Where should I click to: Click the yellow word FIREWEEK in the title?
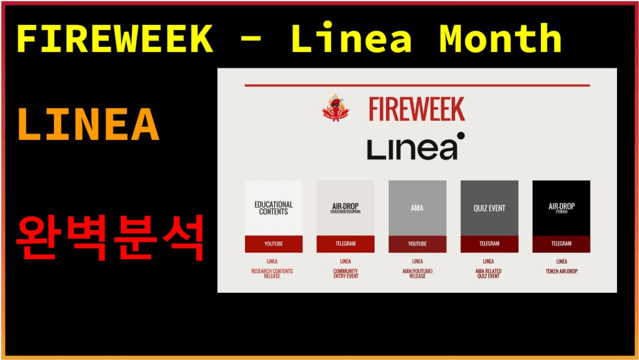click(x=115, y=39)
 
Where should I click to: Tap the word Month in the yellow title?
click(x=500, y=39)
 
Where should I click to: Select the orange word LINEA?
click(x=88, y=124)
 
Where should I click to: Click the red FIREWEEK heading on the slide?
click(x=417, y=109)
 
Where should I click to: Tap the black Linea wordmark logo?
click(x=412, y=149)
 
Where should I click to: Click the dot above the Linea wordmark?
click(x=460, y=135)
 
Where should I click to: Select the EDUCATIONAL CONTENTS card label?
click(x=274, y=208)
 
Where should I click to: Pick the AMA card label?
click(x=417, y=208)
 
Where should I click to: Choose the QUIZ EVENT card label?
click(x=489, y=208)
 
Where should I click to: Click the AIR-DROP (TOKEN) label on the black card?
click(x=561, y=208)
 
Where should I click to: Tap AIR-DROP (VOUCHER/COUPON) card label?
click(x=345, y=208)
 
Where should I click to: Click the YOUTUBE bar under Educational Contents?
click(x=274, y=244)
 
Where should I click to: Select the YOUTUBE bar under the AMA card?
click(x=417, y=244)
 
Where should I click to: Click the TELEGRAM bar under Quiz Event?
click(x=489, y=244)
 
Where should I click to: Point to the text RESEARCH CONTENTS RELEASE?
click(x=272, y=274)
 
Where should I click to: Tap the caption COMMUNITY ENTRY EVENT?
click(x=345, y=274)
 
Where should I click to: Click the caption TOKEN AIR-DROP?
click(x=561, y=272)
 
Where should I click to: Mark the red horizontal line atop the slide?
click(x=417, y=85)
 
